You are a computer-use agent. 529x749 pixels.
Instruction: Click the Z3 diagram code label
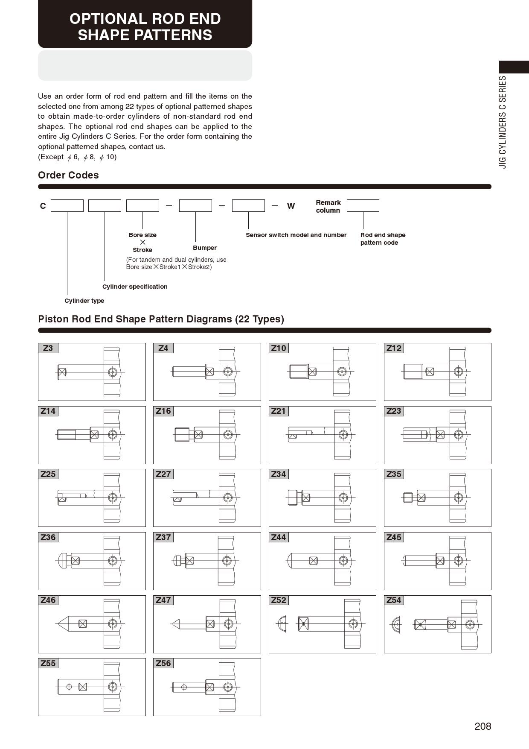pyautogui.click(x=48, y=348)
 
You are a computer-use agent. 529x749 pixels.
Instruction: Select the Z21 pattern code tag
pyautogui.click(x=279, y=411)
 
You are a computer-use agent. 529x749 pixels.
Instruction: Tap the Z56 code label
pyautogui.click(x=163, y=664)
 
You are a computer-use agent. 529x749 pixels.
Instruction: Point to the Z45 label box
pyautogui.click(x=394, y=538)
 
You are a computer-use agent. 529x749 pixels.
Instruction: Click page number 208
pyautogui.click(x=482, y=726)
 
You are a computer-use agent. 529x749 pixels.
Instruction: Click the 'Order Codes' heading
pyautogui.click(x=68, y=175)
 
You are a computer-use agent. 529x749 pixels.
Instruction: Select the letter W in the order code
pyautogui.click(x=291, y=206)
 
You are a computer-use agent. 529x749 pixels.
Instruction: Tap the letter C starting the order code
pyautogui.click(x=43, y=206)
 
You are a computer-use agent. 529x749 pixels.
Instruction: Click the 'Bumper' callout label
pyautogui.click(x=205, y=248)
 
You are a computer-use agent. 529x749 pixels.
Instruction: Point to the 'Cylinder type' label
pyautogui.click(x=84, y=301)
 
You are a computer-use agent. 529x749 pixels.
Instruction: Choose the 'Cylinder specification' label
pyautogui.click(x=135, y=287)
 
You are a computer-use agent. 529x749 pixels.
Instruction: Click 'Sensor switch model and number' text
pyautogui.click(x=296, y=235)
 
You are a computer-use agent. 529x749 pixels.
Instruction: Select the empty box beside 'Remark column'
pyautogui.click(x=363, y=205)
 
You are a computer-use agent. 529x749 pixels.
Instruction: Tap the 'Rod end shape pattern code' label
pyautogui.click(x=383, y=239)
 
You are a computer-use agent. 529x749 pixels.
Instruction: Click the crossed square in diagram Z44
pyautogui.click(x=314, y=561)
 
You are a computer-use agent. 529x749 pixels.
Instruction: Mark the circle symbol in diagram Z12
pyautogui.click(x=458, y=372)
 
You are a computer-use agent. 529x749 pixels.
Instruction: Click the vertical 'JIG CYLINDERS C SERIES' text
pyautogui.click(x=503, y=122)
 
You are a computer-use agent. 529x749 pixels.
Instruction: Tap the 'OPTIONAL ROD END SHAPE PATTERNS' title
pyautogui.click(x=145, y=26)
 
